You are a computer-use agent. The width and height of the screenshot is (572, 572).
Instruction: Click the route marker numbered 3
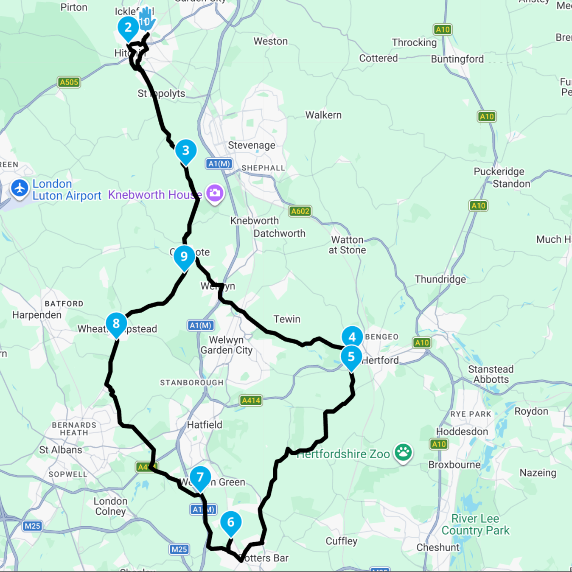[x=185, y=151]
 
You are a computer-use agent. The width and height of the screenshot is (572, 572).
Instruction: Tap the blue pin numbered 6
[x=231, y=522]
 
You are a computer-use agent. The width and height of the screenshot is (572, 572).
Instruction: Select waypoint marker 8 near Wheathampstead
[x=116, y=324]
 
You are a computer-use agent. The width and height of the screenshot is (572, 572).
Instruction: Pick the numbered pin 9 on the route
[x=184, y=257]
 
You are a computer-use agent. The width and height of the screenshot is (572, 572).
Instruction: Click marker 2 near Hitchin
[x=128, y=28]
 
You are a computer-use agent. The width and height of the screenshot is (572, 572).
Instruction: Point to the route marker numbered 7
[x=200, y=477]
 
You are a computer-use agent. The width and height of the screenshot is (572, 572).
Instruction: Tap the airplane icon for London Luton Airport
[x=20, y=188]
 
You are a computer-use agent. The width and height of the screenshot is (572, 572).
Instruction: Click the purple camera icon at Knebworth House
[x=215, y=193]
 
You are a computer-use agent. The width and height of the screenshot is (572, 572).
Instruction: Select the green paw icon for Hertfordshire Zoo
[x=403, y=452]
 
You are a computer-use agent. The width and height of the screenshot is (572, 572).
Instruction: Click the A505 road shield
[x=69, y=82]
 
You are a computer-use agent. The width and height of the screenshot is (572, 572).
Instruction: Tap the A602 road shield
[x=300, y=211]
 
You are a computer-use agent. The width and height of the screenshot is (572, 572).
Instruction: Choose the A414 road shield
[x=251, y=400]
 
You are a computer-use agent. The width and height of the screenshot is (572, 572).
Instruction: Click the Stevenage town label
[x=252, y=146]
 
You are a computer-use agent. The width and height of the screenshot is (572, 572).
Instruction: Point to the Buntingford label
[x=457, y=59]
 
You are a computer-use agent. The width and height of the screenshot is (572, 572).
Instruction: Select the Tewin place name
[x=287, y=319]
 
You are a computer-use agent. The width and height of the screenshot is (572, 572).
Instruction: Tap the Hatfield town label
[x=205, y=425]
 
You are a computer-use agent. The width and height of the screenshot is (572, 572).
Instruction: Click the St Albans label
[x=61, y=450]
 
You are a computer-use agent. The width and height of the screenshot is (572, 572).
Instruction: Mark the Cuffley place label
[x=342, y=541]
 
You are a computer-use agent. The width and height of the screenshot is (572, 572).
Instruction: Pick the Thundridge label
[x=440, y=279]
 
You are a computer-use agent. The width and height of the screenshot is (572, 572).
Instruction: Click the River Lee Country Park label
[x=475, y=524]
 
